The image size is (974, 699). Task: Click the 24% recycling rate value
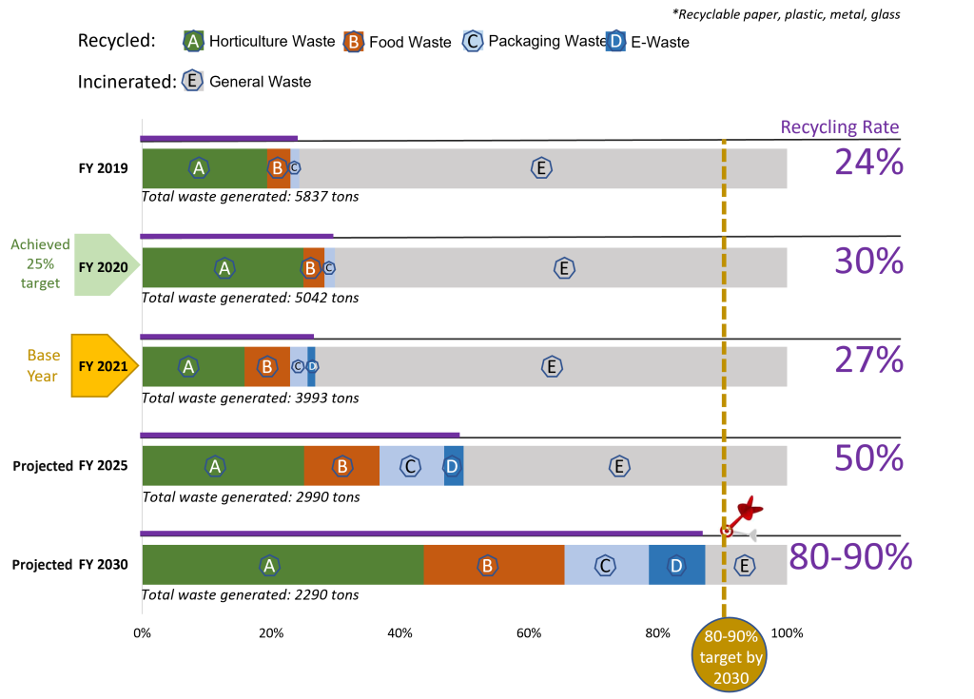click(x=868, y=163)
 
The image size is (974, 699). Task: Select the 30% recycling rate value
click(x=868, y=261)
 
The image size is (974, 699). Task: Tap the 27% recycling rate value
click(x=868, y=360)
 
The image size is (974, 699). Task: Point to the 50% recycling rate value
click(x=868, y=458)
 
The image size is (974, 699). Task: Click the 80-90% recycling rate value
click(x=850, y=557)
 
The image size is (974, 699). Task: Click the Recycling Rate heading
click(x=840, y=126)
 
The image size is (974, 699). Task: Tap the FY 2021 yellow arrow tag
click(x=104, y=365)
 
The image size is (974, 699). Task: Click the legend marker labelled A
click(x=193, y=41)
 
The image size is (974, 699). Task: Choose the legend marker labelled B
click(x=354, y=42)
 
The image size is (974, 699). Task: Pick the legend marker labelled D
click(x=615, y=41)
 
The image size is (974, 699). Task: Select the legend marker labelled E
click(x=193, y=80)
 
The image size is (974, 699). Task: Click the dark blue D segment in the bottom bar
click(x=676, y=565)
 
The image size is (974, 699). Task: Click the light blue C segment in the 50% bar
click(x=411, y=466)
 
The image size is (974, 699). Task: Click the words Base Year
click(x=43, y=365)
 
